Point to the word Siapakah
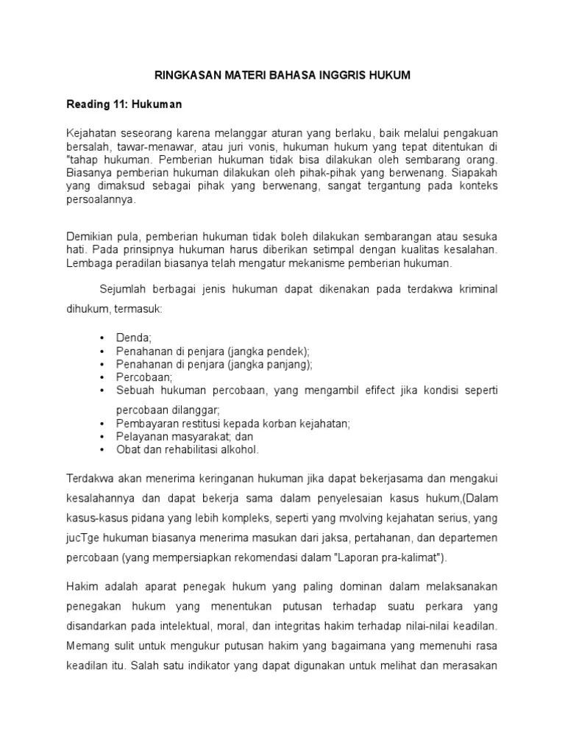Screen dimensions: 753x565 click(x=475, y=172)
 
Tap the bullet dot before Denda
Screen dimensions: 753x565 click(x=100, y=338)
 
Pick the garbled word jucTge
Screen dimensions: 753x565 click(x=84, y=539)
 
